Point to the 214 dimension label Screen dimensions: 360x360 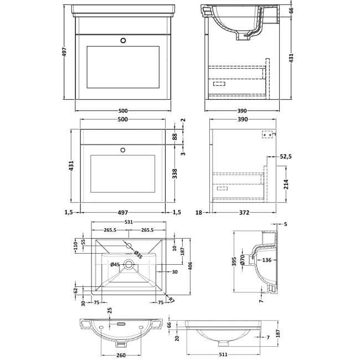pos(286,184)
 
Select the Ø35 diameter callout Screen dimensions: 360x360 pos(137,255)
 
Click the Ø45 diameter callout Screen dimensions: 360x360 pos(115,265)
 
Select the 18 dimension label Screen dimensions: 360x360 pos(199,212)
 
